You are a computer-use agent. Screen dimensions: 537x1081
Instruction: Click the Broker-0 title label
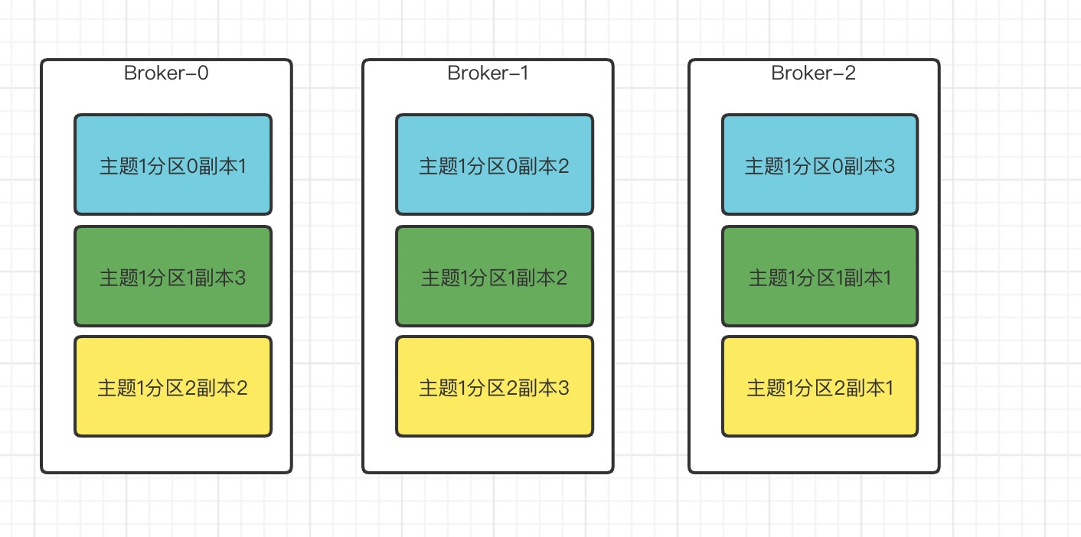[x=166, y=73]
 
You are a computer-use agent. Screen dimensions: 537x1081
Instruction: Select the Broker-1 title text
[x=488, y=73]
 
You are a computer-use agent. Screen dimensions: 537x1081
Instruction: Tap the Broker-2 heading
[x=813, y=73]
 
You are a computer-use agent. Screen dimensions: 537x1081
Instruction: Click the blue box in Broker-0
[x=173, y=164]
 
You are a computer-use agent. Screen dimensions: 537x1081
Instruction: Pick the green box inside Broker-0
[x=173, y=276]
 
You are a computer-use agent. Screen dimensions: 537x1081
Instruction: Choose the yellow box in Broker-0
[x=173, y=386]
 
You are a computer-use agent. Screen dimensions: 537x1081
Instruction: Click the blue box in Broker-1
[x=495, y=164]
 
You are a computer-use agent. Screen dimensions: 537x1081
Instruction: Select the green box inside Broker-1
[x=495, y=276]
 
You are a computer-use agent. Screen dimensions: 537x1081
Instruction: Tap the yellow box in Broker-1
[x=495, y=386]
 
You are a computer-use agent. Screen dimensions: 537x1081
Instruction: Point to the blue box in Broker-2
[x=820, y=164]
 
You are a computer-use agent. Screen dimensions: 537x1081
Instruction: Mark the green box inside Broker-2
[x=820, y=276]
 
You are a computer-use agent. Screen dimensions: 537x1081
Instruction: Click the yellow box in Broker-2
[x=820, y=386]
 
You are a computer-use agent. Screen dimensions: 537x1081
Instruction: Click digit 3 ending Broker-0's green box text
[x=240, y=278]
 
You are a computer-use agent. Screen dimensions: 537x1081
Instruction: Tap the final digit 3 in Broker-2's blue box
[x=889, y=166]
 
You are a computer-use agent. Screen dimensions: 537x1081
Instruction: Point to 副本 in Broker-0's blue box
[x=217, y=166]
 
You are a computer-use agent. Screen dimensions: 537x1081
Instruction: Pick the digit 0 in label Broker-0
[x=203, y=73]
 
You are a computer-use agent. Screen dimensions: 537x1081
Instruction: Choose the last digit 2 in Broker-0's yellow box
[x=242, y=389]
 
